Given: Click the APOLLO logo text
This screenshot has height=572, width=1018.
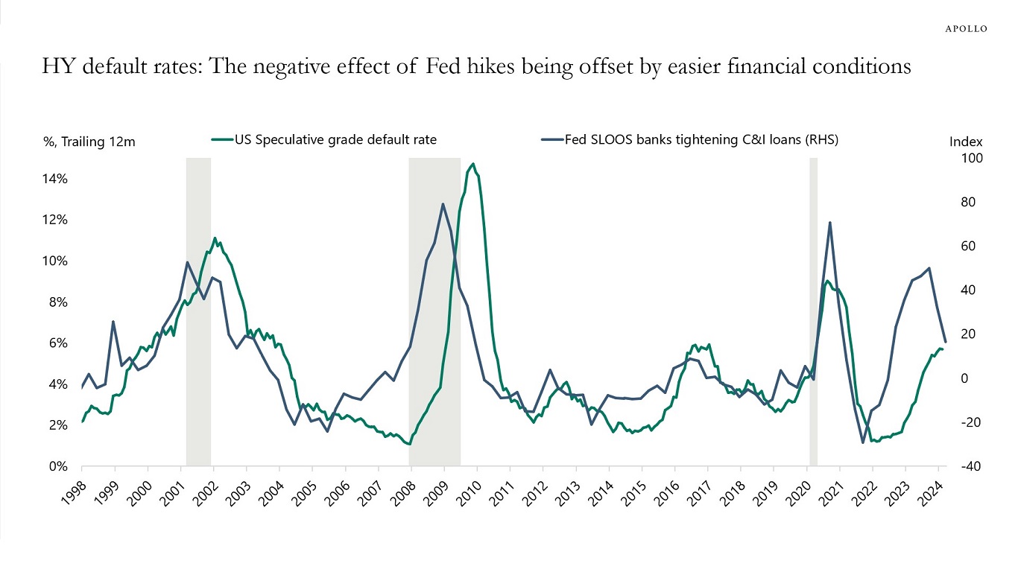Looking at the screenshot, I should pos(966,29).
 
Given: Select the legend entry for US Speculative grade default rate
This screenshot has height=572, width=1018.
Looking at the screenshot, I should pos(335,139).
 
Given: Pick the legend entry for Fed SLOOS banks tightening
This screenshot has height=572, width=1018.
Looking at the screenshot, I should pos(689,139).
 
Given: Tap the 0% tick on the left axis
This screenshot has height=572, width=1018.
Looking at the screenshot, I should pos(60,467).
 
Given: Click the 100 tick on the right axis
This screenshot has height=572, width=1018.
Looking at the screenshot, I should pos(958,159).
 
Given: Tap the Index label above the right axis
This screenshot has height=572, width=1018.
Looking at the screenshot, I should pos(966,142).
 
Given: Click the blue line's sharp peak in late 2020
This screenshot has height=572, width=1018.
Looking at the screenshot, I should pos(829,223).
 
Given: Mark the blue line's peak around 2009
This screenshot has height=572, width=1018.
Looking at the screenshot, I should pos(443,203).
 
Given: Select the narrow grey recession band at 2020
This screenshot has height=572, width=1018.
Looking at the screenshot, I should pos(814,313).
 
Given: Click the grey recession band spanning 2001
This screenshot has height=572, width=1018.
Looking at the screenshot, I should pos(198,313).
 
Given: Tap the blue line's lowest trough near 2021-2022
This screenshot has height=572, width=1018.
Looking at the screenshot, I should pos(863,442).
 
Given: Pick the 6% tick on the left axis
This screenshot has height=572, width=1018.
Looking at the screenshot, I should pos(60,343).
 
